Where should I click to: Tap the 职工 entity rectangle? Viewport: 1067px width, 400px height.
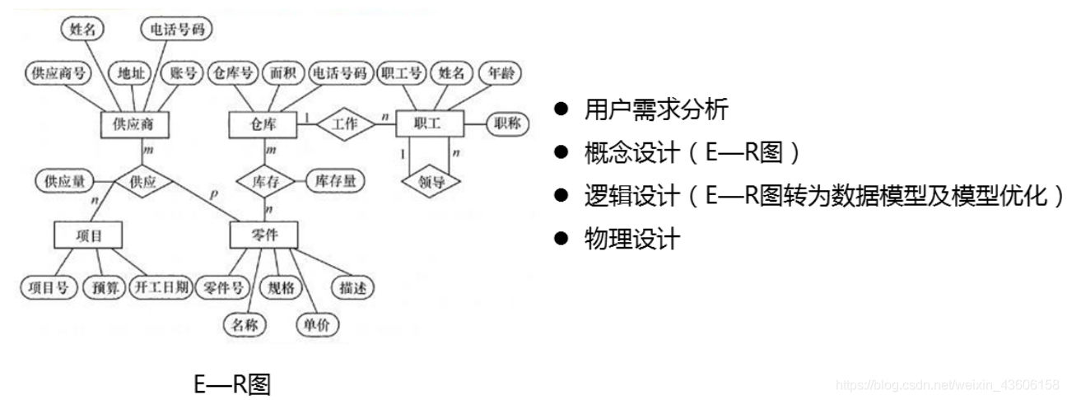(x=429, y=124)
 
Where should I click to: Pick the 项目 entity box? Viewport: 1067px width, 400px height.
(x=87, y=235)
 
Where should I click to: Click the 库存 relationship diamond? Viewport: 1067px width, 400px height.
(x=265, y=181)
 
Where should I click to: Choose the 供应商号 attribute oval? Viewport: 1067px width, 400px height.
(x=58, y=73)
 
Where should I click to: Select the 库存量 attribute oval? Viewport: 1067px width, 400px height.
(x=335, y=181)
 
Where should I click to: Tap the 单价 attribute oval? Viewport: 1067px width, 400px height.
(x=316, y=324)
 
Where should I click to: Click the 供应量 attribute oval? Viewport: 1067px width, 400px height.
(x=64, y=181)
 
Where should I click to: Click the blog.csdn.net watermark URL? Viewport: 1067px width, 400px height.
(x=947, y=385)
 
